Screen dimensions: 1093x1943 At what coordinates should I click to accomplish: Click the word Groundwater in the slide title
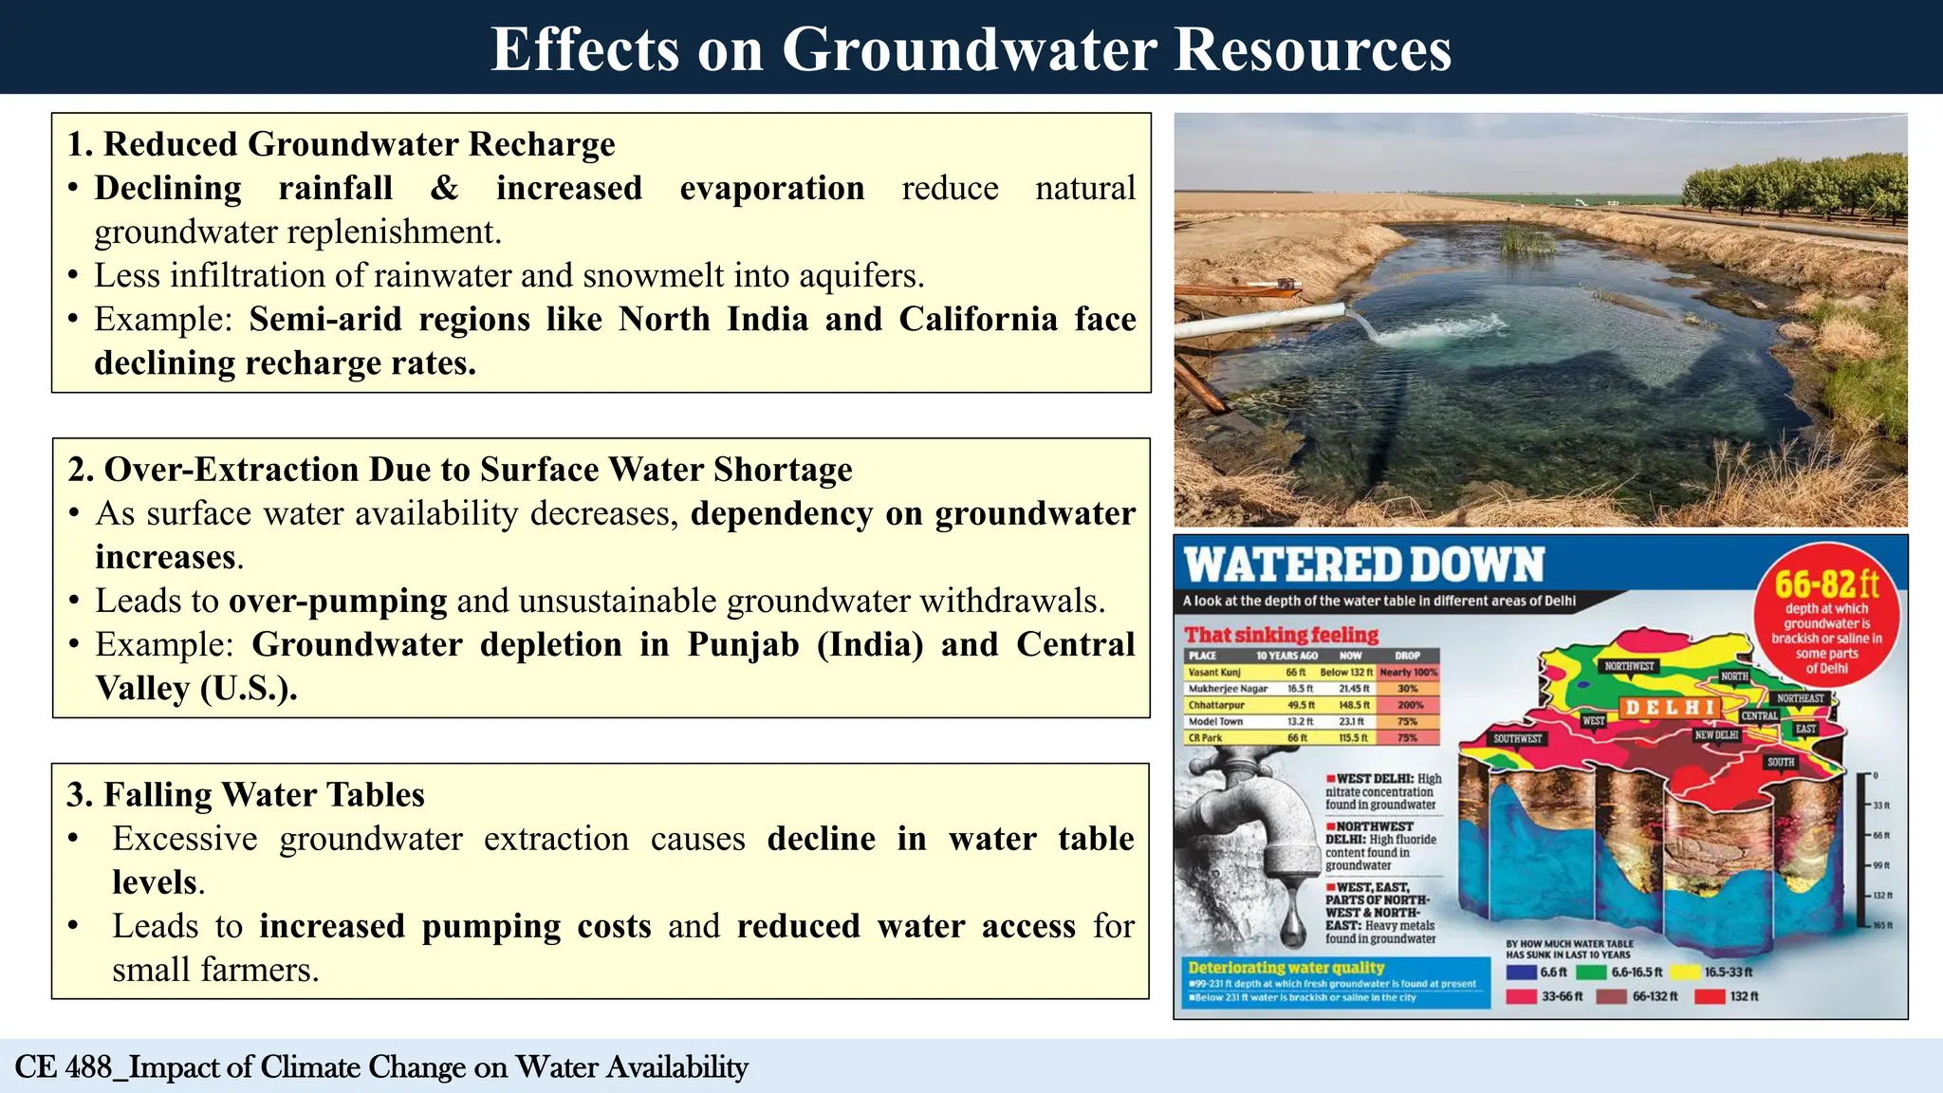969,49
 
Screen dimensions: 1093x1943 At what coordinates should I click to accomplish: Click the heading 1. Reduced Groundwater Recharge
342,144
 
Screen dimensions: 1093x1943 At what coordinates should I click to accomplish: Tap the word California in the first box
977,319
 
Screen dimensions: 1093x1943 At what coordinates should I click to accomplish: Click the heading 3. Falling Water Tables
246,794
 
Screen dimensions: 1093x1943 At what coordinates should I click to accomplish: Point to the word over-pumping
338,601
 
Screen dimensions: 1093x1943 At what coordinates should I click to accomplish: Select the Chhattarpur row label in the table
1216,705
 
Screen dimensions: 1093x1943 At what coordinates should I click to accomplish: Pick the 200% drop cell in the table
1410,705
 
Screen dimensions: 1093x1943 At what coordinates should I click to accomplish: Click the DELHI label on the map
1671,708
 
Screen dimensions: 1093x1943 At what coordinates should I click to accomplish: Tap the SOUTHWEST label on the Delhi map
1518,738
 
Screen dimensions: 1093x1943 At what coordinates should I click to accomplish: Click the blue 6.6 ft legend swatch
1521,973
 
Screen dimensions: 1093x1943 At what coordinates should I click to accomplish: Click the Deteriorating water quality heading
1286,968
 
